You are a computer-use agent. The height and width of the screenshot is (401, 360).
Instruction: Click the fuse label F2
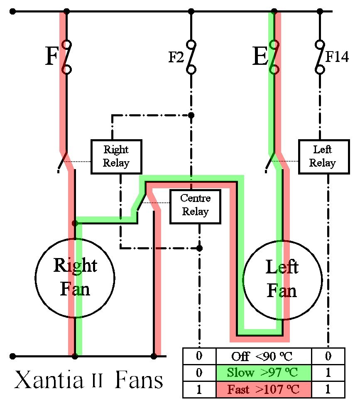pos(176,57)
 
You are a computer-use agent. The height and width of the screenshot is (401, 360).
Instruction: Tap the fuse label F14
pos(337,57)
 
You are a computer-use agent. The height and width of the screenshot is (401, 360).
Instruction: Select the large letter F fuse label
pos(52,56)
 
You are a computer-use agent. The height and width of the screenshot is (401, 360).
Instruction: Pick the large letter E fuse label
pos(260,56)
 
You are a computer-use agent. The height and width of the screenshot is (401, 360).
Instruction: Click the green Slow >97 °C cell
pos(264,373)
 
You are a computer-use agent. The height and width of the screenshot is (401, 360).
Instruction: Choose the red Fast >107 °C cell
pos(264,389)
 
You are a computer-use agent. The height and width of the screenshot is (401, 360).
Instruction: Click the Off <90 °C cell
pos(264,356)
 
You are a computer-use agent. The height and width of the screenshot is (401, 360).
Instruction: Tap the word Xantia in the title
pos(49,380)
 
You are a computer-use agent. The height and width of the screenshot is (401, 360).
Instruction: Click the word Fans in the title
pos(139,380)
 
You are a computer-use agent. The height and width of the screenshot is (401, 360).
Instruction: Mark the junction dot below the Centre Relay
pos(200,248)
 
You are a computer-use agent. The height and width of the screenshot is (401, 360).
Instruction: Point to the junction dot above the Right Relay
pos(191,116)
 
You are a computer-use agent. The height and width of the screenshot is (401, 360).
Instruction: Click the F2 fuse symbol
pos(191,57)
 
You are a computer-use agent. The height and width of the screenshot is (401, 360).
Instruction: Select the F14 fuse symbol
pos(320,57)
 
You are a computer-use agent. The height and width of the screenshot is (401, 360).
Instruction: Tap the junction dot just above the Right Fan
pos(75,223)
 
